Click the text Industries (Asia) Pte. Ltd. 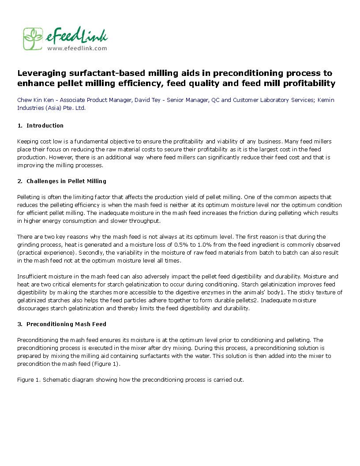pyautogui.click(x=51, y=108)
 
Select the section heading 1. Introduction pyautogui.click(x=41, y=126)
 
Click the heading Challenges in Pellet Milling pyautogui.click(x=66, y=181)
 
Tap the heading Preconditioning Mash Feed pyautogui.click(x=66, y=324)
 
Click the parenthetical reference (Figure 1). pyautogui.click(x=106, y=364)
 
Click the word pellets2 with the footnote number pyautogui.click(x=246, y=301)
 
